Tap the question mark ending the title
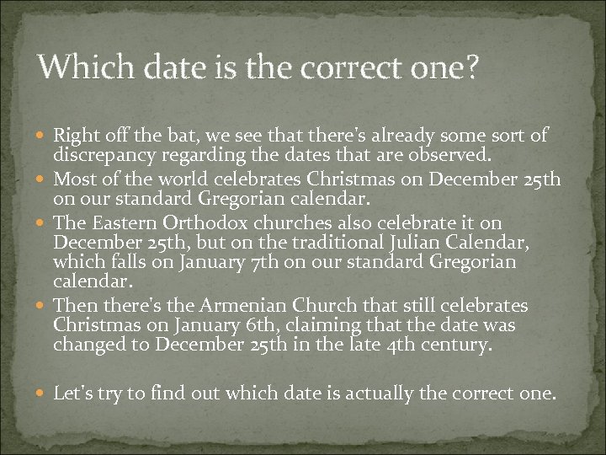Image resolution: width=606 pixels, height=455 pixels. pos(468,66)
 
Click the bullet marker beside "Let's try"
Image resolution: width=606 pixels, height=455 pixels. pos(42,393)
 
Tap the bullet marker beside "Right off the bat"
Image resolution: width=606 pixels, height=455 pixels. pos(42,136)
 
